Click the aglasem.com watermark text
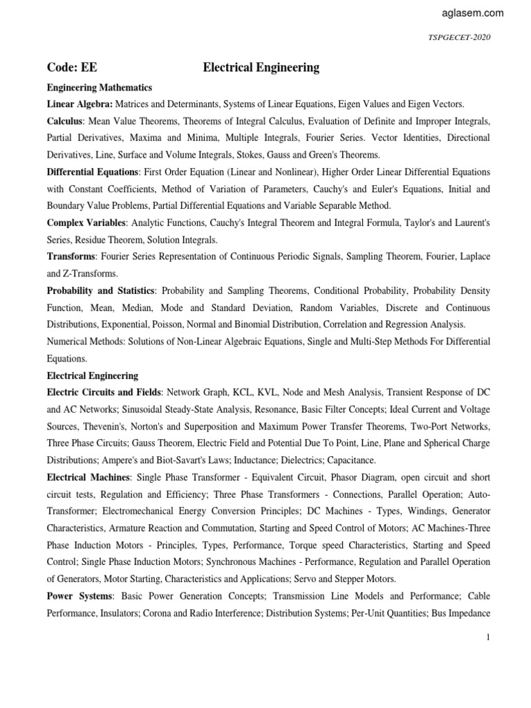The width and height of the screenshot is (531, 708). point(472,13)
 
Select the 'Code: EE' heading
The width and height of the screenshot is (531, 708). point(72,68)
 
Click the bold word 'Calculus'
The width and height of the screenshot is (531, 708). point(64,120)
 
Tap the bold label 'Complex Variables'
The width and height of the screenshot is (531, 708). point(85,223)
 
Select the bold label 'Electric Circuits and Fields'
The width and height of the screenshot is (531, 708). point(104,393)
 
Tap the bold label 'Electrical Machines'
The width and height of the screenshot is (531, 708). point(88,477)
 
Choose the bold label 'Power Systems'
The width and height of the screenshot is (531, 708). point(77,595)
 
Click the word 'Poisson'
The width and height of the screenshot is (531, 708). point(161,324)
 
